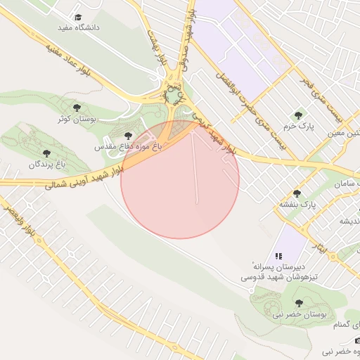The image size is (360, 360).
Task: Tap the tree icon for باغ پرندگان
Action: click(46, 153)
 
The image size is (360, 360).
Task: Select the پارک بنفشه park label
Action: click(298, 204)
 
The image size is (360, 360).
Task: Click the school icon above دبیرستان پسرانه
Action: click(279, 257)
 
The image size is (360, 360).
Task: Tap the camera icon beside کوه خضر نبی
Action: click(356, 340)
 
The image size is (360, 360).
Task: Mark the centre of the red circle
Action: click(180, 179)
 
